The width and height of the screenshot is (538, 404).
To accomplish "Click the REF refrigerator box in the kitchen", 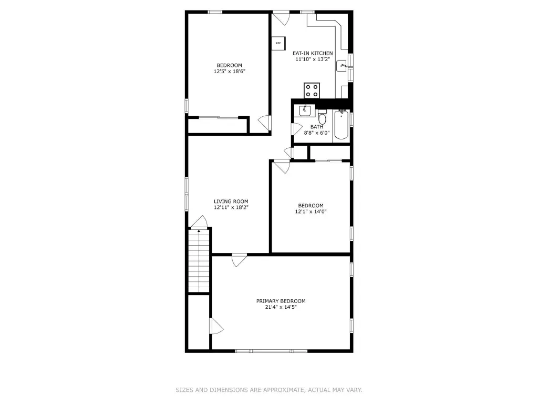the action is click(x=278, y=43).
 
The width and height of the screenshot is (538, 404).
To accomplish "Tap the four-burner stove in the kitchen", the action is click(x=312, y=90).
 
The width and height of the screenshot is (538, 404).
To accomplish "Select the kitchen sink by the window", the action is click(x=342, y=66).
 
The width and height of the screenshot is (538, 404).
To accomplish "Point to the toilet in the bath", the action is click(x=322, y=116).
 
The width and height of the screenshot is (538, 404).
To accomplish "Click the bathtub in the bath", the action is click(x=342, y=124).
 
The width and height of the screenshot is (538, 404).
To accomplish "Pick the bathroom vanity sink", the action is click(x=305, y=110).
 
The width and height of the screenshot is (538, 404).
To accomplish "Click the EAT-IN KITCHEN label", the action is click(x=313, y=53).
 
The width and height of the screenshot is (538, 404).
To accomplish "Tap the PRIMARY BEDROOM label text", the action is click(x=281, y=301).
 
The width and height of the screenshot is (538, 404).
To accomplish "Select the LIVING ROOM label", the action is click(x=231, y=201).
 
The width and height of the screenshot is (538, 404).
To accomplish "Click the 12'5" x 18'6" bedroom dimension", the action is click(x=230, y=72).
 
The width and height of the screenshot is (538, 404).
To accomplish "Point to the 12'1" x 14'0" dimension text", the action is click(x=311, y=211).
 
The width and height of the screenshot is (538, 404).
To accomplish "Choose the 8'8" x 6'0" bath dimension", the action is click(x=317, y=133).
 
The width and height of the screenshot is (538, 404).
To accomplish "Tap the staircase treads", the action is click(x=199, y=261).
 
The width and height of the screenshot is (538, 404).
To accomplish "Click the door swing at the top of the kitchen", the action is click(x=282, y=18).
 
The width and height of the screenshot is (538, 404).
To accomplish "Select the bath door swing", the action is click(x=296, y=129).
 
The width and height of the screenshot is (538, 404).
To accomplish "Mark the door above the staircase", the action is click(x=199, y=221).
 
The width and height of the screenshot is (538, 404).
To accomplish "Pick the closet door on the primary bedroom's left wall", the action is click(x=217, y=326).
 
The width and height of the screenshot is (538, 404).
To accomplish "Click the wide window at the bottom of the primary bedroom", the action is click(x=271, y=351).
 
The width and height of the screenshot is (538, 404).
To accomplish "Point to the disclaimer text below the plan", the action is click(x=269, y=390).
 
